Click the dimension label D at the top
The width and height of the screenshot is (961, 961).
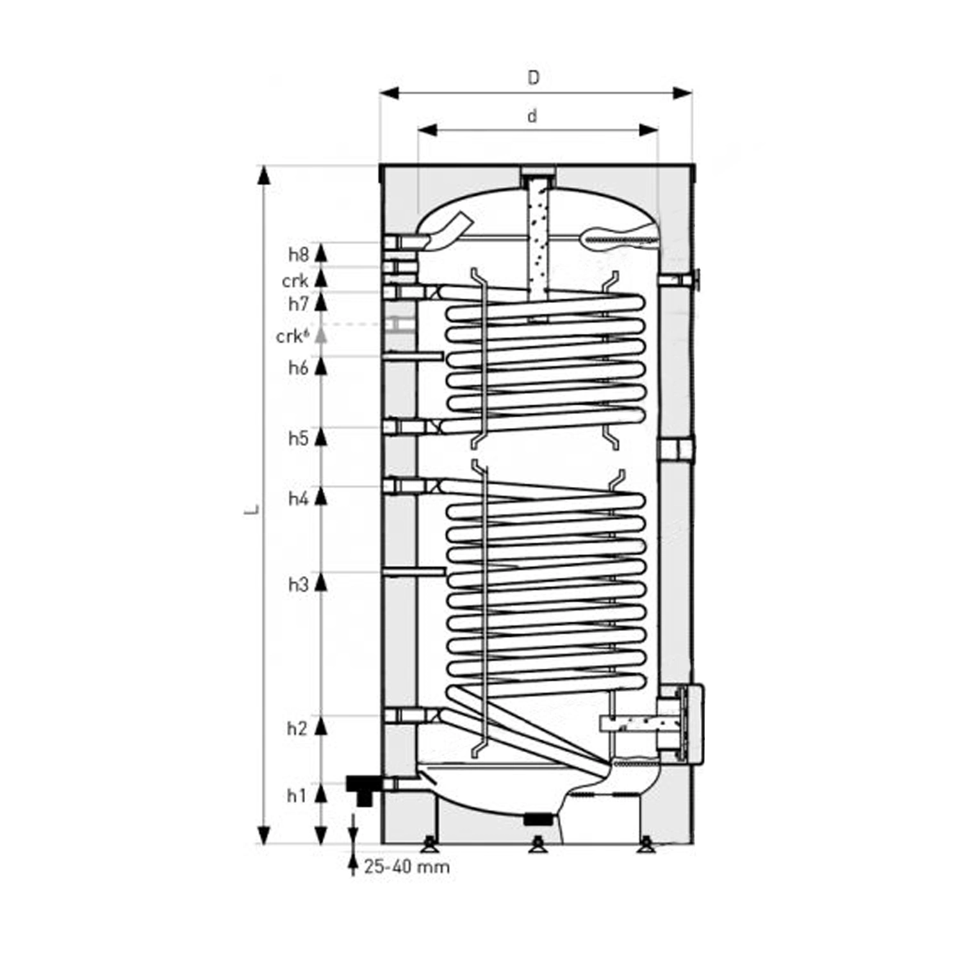point(533,78)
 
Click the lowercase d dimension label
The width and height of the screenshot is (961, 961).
point(532,116)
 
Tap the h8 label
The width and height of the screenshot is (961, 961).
point(298,255)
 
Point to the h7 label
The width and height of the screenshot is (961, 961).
point(298,304)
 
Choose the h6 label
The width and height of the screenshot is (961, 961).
point(298,368)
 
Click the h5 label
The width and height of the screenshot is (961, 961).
point(298,438)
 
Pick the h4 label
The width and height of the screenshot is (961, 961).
point(298,498)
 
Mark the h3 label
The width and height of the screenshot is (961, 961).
point(298,584)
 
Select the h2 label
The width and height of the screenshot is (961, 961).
point(297,728)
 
